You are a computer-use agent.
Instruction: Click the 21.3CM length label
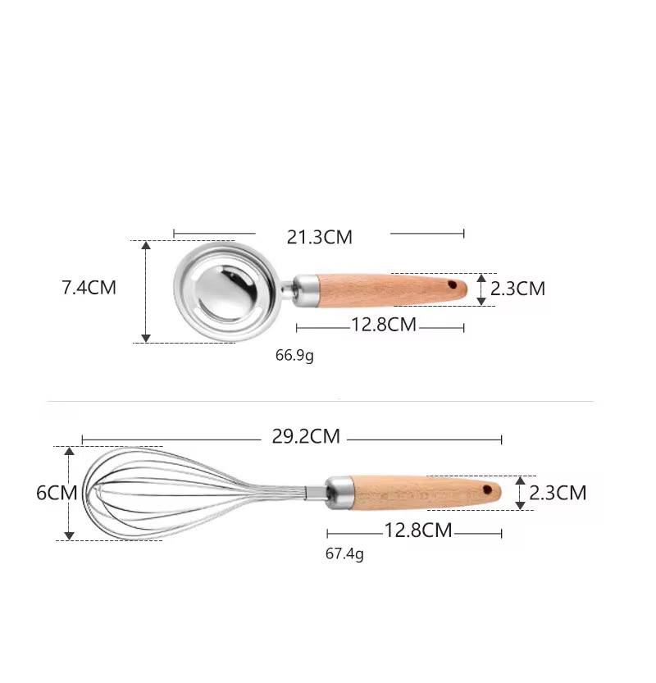[x=319, y=237]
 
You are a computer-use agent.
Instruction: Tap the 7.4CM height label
[x=89, y=288]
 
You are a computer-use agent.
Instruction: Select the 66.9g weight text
[x=294, y=356]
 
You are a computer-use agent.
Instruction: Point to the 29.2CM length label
[x=306, y=436]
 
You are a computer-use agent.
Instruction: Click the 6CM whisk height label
[x=57, y=493]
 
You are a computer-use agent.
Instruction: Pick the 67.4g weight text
[x=344, y=554]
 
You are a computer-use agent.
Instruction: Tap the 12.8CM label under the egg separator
[x=384, y=325]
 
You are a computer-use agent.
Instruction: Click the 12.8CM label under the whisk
[x=418, y=530]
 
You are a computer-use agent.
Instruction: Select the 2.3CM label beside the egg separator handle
[x=517, y=289]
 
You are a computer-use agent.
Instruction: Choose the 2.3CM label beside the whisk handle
[x=558, y=493]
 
